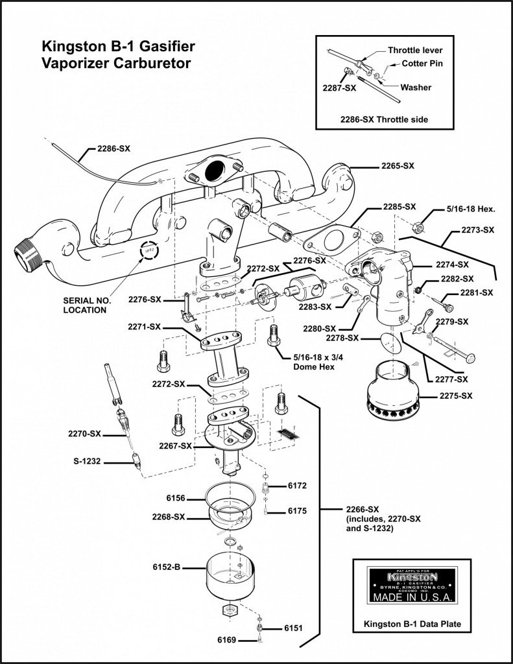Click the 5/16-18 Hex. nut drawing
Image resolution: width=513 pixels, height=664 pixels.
click(x=419, y=226)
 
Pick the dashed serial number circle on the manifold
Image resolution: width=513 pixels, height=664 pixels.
click(x=149, y=248)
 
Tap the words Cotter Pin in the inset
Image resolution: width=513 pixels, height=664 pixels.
click(x=424, y=64)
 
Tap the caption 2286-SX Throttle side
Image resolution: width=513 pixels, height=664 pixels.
click(x=384, y=119)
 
